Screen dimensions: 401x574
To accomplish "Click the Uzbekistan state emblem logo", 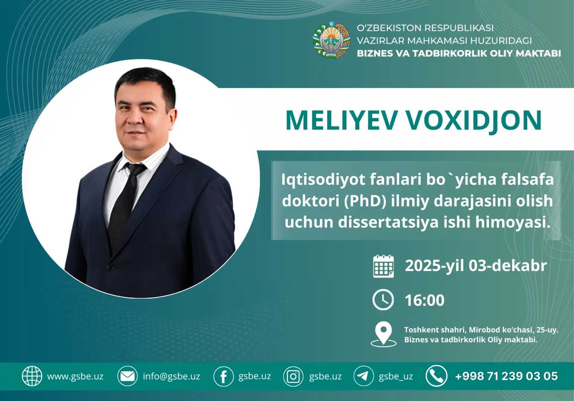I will (x=331, y=40).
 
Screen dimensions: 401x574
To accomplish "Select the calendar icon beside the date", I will (x=383, y=266).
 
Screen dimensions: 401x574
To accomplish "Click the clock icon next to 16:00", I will (x=383, y=300).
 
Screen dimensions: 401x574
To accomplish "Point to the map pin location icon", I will (x=383, y=333).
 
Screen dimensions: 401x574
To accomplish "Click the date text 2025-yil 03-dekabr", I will (x=476, y=266).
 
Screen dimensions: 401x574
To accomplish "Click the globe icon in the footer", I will (x=32, y=376).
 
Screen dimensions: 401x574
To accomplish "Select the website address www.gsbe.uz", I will (x=75, y=376).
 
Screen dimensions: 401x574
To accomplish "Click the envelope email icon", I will (x=127, y=376).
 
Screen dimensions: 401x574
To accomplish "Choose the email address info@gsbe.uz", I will (x=172, y=376).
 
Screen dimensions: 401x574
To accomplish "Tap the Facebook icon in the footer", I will (x=224, y=376).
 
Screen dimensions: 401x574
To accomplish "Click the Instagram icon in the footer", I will (x=293, y=376).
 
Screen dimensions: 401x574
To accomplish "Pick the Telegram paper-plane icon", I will (x=363, y=376).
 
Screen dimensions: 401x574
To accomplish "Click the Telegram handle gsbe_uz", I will (x=396, y=376).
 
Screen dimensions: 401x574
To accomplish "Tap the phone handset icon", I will (x=436, y=376).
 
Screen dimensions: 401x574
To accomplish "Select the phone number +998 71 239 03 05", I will (x=506, y=376).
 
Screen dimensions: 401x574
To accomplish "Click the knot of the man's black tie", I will (x=134, y=169).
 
